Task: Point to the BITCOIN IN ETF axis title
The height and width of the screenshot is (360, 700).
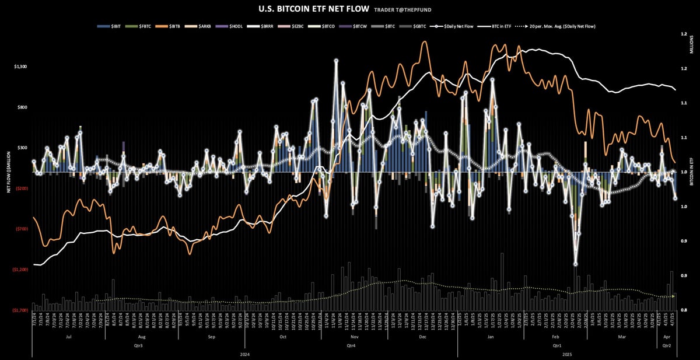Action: pyautogui.click(x=692, y=172)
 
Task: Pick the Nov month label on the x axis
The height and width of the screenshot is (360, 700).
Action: pyautogui.click(x=355, y=337)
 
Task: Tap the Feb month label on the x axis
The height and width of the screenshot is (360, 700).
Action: pyautogui.click(x=554, y=337)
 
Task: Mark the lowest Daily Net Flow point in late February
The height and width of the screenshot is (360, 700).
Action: pyautogui.click(x=575, y=264)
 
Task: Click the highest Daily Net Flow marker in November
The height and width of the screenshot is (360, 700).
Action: pyautogui.click(x=336, y=61)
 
